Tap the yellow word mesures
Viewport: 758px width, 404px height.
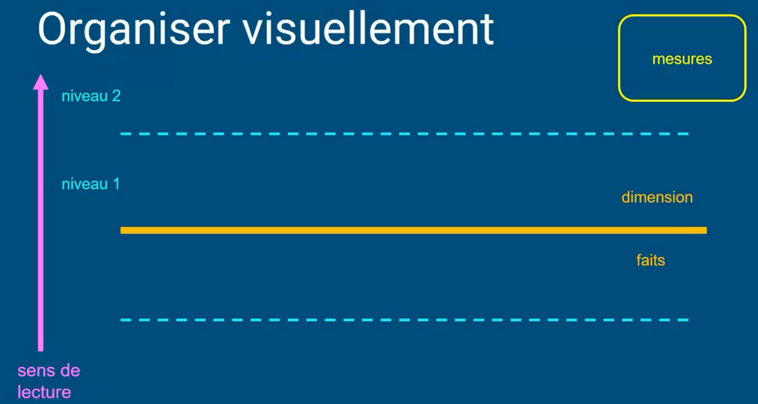[682, 59]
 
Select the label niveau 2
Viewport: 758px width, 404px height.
[91, 96]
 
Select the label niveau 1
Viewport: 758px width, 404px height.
[91, 184]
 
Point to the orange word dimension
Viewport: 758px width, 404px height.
[657, 197]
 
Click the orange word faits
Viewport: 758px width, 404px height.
[650, 260]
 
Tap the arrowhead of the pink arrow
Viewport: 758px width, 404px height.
[41, 82]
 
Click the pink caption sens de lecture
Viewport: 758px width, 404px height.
[49, 381]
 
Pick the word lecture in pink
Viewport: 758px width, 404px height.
[44, 392]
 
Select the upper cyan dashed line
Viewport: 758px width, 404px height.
[404, 134]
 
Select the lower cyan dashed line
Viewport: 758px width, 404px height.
[404, 320]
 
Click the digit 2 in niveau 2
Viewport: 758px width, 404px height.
[116, 96]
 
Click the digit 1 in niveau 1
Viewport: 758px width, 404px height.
[116, 184]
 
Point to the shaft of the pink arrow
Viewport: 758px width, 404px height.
[41, 217]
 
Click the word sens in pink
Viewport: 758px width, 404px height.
[35, 371]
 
